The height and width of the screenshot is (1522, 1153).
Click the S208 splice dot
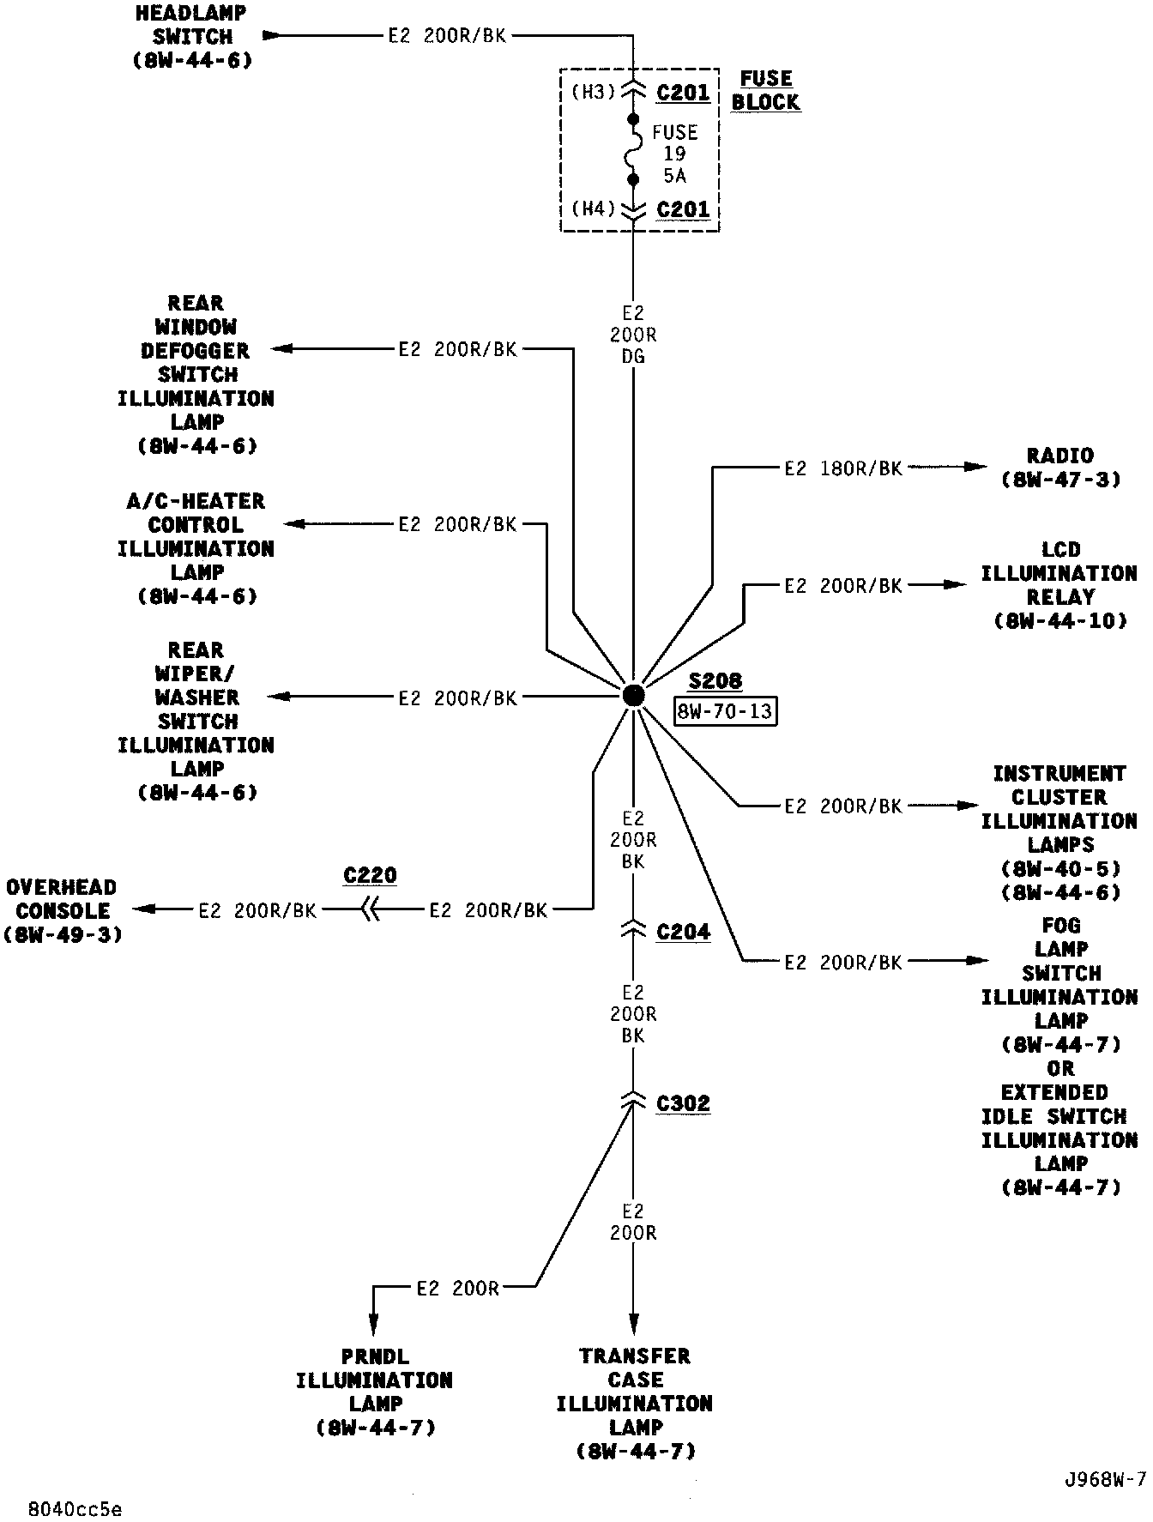[633, 695]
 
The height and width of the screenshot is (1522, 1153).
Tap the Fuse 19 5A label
[674, 154]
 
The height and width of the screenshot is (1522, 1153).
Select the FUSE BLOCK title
[765, 90]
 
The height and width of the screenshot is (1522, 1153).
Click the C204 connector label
[683, 932]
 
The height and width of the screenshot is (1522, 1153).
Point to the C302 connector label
[683, 1102]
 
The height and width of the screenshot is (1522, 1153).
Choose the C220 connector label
[370, 876]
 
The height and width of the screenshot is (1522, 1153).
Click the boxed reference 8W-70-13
[725, 711]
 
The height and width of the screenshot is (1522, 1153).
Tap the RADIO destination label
[1060, 468]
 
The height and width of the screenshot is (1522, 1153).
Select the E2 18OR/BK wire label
[843, 468]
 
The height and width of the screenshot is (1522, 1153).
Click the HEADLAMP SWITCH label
[193, 37]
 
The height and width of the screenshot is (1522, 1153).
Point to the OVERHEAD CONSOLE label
[63, 910]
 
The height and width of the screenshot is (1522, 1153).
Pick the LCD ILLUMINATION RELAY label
[1059, 585]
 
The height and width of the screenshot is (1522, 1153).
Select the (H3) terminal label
[594, 92]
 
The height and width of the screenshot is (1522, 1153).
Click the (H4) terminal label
[594, 208]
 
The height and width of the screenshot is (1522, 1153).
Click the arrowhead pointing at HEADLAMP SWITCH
[271, 36]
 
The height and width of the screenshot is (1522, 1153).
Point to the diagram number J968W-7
[1104, 1480]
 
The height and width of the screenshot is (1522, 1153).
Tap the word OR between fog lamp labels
[1060, 1069]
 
